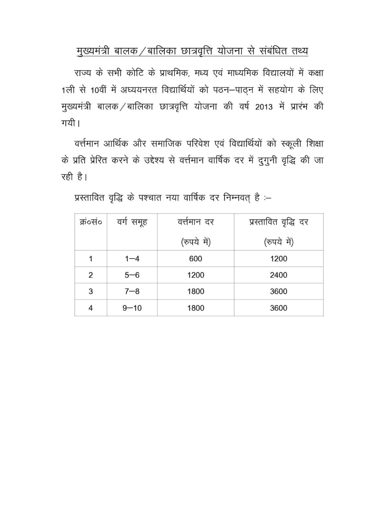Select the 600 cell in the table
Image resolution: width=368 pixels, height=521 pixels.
(x=195, y=258)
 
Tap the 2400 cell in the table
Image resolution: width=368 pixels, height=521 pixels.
(x=278, y=275)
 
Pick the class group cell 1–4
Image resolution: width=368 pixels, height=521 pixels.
(x=132, y=258)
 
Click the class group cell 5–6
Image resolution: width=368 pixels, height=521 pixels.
(x=132, y=275)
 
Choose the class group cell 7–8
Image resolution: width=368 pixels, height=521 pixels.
(x=132, y=291)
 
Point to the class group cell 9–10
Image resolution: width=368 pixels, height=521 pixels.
(x=132, y=308)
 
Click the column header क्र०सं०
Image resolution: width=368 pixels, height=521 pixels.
(x=90, y=223)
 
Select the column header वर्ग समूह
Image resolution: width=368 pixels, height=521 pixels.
(x=132, y=223)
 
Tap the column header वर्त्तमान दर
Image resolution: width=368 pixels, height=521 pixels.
(x=195, y=223)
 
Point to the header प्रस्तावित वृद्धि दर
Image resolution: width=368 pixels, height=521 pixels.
(x=278, y=223)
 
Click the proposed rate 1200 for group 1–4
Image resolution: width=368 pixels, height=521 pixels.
(x=278, y=258)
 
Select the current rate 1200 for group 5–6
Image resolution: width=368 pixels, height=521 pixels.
(x=195, y=275)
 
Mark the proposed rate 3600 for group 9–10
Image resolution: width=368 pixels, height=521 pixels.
(x=278, y=308)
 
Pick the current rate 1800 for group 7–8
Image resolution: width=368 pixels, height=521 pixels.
(x=195, y=291)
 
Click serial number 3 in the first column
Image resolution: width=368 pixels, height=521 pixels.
(x=90, y=291)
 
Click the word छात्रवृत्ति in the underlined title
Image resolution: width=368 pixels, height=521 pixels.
(x=186, y=52)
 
